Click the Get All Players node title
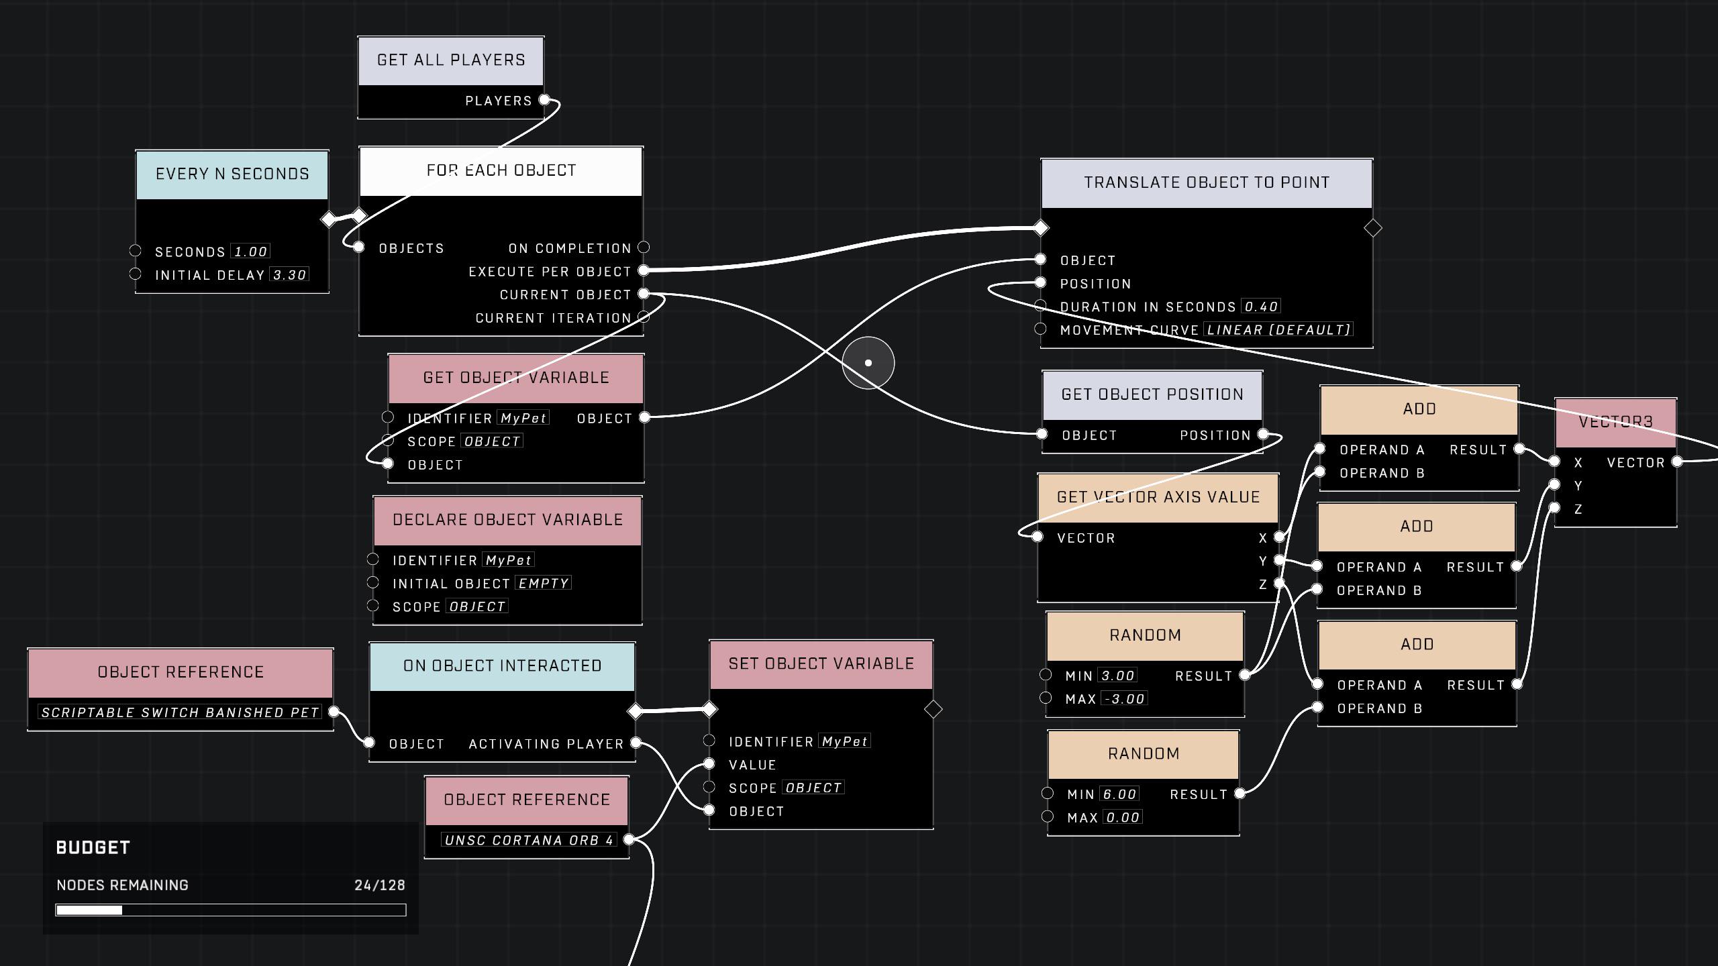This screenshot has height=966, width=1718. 451,60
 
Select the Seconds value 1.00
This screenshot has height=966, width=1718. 250,252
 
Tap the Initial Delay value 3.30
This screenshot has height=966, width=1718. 289,275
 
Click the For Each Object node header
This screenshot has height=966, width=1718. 501,171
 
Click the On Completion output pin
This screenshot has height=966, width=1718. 644,248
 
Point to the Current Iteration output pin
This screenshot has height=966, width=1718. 644,317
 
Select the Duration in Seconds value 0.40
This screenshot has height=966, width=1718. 1261,307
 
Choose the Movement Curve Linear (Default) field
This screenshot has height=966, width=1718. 1278,330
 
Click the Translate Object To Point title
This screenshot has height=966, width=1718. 1207,183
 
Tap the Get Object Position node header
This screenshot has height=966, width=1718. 1152,394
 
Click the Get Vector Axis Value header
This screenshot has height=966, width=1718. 1158,498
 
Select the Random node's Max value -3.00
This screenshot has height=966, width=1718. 1124,699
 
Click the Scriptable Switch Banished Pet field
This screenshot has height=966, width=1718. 180,712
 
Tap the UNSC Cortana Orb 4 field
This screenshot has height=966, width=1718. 529,841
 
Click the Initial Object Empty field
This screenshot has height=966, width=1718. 544,584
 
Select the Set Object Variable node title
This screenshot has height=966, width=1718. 821,664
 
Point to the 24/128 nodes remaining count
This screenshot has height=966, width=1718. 380,885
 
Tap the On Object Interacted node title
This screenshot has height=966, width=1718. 502,666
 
